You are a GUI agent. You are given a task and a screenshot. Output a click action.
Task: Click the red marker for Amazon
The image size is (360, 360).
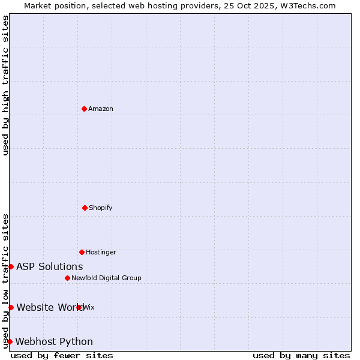click(84, 109)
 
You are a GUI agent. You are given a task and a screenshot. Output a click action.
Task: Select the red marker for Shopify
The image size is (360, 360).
click(85, 208)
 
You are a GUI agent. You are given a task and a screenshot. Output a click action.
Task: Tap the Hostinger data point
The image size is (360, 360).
click(82, 252)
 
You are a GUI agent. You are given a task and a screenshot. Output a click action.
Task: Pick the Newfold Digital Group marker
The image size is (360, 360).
click(67, 278)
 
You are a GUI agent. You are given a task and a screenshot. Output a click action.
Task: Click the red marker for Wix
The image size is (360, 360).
click(79, 307)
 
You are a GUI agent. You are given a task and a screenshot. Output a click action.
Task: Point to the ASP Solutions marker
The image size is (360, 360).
click(11, 266)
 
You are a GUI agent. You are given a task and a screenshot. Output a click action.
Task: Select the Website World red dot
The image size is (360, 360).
click(11, 307)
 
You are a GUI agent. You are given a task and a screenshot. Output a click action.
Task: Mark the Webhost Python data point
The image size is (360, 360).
click(10, 341)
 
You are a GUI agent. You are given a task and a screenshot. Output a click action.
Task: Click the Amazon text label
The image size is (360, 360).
click(101, 109)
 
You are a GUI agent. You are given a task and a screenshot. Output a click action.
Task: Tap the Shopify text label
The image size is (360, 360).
click(101, 208)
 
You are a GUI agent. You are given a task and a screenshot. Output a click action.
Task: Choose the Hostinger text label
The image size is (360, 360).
click(101, 252)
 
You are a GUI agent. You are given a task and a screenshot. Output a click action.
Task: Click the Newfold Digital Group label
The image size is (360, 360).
click(106, 278)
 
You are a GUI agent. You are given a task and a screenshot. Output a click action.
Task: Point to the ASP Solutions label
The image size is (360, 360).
click(50, 266)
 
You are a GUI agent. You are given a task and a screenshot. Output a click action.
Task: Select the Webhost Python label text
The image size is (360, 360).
click(54, 341)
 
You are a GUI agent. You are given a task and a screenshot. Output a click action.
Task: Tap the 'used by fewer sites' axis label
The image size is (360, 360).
click(62, 355)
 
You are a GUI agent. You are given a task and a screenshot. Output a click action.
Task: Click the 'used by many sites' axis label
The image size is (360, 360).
click(301, 355)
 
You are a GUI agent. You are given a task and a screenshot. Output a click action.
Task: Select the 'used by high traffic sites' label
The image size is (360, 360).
click(5, 86)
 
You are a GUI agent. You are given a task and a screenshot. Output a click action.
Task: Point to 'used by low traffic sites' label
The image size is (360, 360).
click(5, 280)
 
